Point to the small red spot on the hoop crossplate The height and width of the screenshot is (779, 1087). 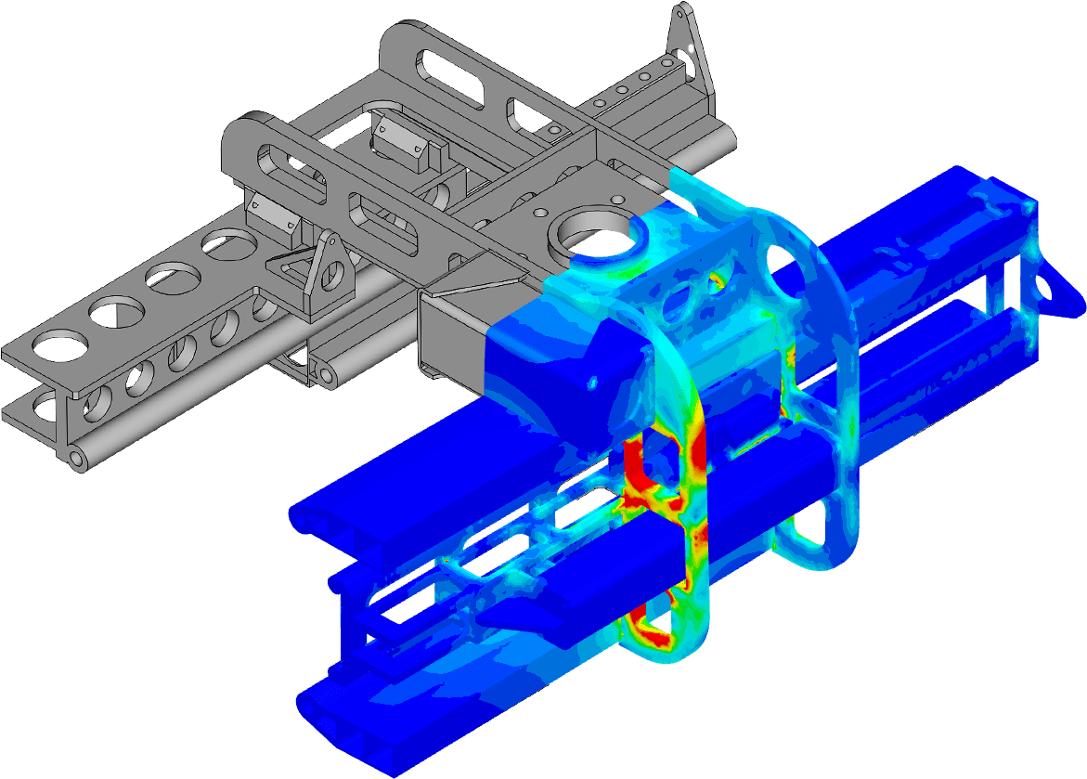point(716,278)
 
